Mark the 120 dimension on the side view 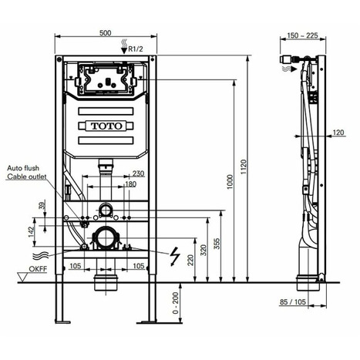click(x=338, y=133)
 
